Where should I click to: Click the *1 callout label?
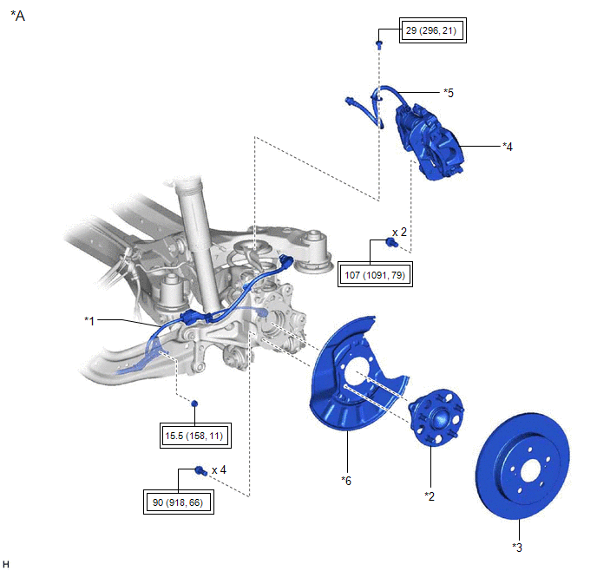pos(89,321)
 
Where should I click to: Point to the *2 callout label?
pos(429,496)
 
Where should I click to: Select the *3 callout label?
pos(517,547)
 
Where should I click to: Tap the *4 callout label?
pos(508,147)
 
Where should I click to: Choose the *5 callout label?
pos(449,92)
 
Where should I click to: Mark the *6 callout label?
pos(347,479)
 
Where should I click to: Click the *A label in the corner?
pos(17,16)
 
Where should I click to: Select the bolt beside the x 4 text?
pos(200,470)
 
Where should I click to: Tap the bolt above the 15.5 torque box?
pos(195,404)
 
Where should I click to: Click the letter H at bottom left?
pos(6,564)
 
